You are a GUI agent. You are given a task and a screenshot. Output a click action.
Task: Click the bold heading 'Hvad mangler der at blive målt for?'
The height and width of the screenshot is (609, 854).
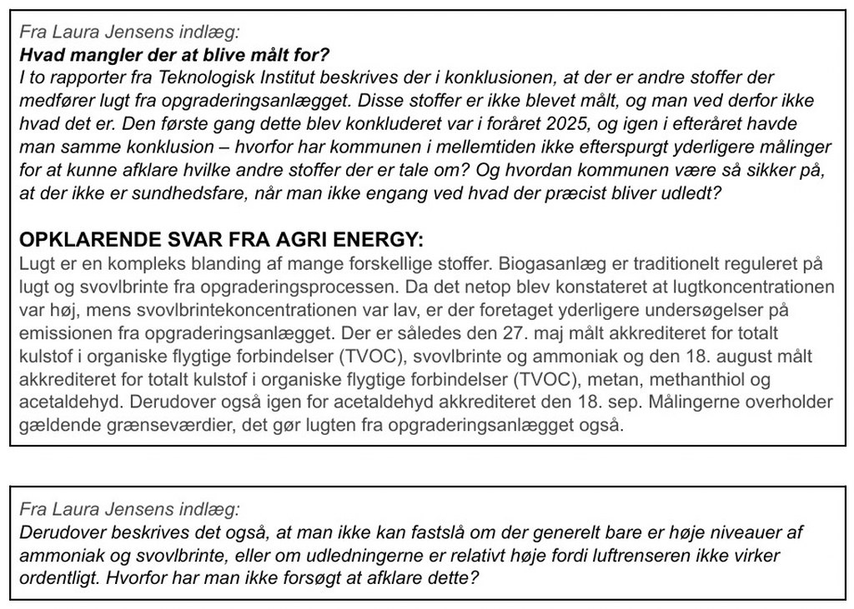(175, 56)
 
